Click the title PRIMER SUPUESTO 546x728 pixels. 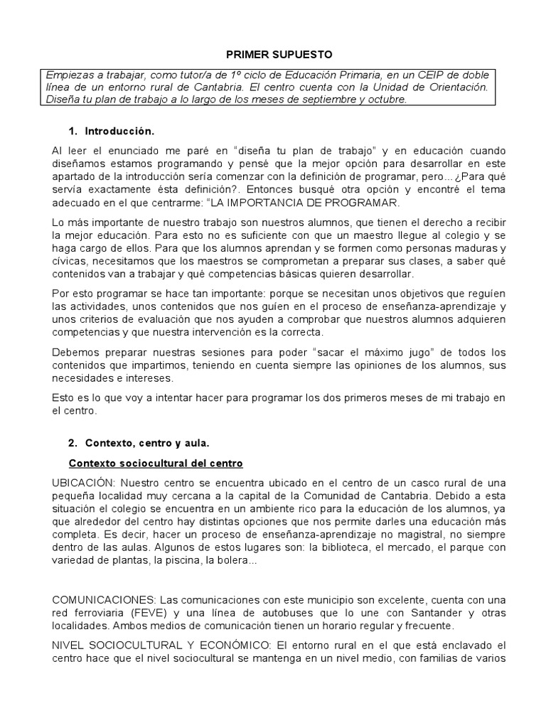[x=274, y=54]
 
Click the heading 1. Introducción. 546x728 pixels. [x=111, y=132]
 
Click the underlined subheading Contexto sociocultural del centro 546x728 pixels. [x=156, y=464]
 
